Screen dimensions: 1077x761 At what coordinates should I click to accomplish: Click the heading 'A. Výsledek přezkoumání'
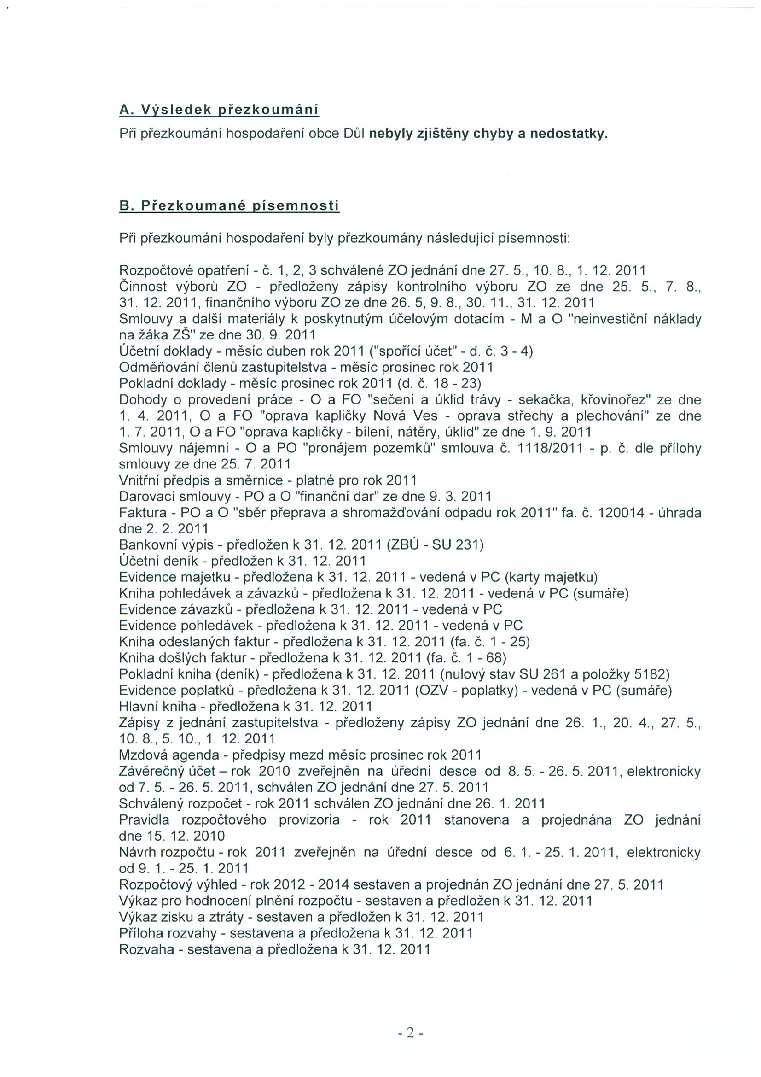click(219, 110)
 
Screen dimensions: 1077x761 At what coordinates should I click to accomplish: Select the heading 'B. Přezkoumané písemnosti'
click(229, 206)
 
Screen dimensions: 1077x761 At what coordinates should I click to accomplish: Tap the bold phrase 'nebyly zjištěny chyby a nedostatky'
click(488, 134)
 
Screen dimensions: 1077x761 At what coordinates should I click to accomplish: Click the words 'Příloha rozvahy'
click(168, 933)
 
